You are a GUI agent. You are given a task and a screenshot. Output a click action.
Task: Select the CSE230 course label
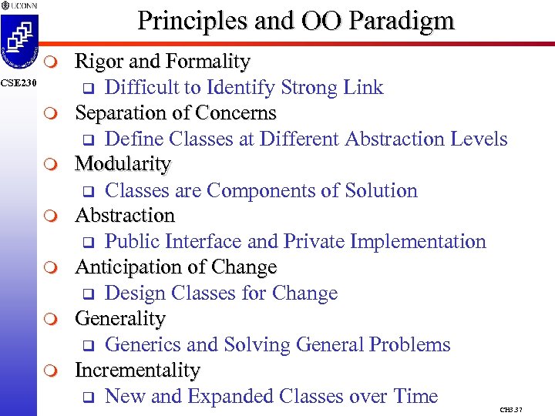pos(17,82)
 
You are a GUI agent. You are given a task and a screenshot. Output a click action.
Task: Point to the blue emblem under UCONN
pos(18,42)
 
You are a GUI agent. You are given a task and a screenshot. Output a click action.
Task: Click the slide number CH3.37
pos(510,409)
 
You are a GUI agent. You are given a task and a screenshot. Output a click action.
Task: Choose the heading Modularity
pos(123,164)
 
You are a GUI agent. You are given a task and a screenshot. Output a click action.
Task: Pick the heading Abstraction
pos(125,216)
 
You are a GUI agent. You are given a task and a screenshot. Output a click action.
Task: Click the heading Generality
pos(120,318)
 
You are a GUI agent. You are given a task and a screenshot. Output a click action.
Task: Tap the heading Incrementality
pos(137,370)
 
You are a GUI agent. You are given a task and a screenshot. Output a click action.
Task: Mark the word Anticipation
pos(126,267)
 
